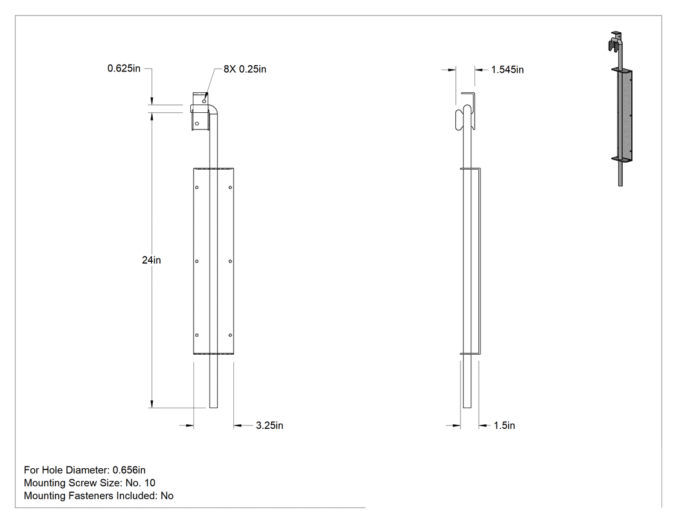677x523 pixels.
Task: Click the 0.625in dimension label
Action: pos(124,68)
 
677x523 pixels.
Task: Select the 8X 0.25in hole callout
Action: pos(245,69)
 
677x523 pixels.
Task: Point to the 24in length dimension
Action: pos(152,260)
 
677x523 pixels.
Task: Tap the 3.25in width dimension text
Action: pos(270,426)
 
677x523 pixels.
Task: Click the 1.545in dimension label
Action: pos(507,70)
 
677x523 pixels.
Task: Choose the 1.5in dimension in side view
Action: pos(504,426)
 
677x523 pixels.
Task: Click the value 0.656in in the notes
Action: pos(129,470)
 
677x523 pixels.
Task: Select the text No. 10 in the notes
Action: pos(141,483)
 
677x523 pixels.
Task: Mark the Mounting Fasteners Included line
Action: pos(99,496)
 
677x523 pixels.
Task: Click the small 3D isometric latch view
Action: pos(621,108)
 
